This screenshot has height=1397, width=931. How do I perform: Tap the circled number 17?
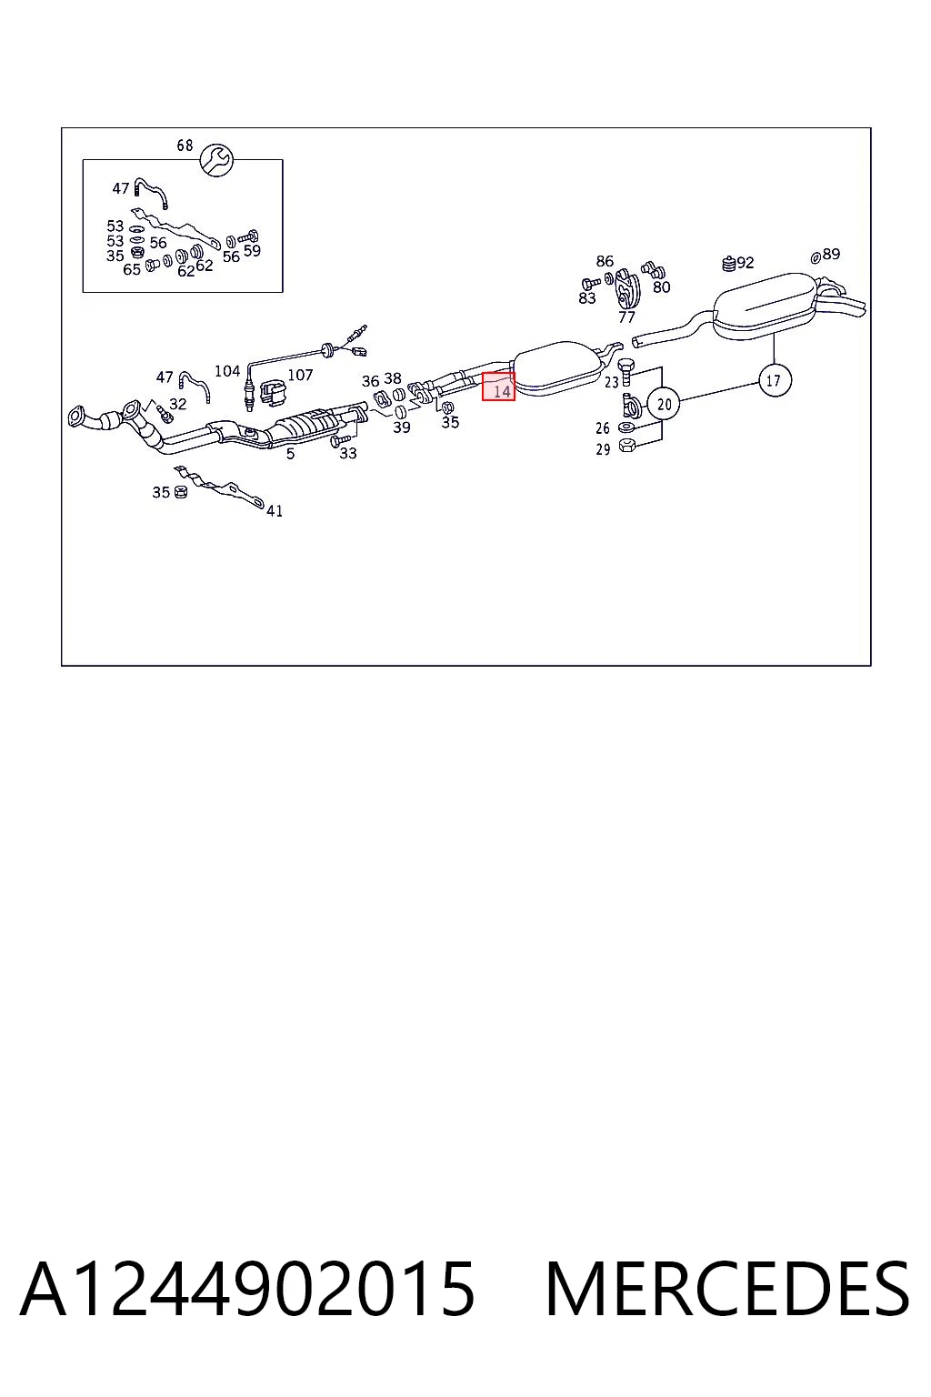coord(774,380)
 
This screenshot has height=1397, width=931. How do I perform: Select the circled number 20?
coord(664,404)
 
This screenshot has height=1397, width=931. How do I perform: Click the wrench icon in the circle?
coord(216,160)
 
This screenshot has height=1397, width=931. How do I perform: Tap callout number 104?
coord(227,371)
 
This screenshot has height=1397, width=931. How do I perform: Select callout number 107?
coord(300,375)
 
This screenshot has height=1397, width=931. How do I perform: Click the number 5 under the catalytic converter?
coord(291,454)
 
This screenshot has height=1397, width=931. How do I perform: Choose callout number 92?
coord(746,263)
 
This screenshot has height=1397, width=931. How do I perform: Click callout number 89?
coord(831,254)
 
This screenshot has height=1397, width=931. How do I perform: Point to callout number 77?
coord(626,317)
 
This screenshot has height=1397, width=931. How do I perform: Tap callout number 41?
coord(275,511)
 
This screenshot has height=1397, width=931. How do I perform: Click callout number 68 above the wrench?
coord(185,146)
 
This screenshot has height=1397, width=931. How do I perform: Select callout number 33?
coord(348,454)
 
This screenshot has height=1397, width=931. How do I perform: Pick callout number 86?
coord(605,261)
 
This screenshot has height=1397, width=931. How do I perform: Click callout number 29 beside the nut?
coord(603,449)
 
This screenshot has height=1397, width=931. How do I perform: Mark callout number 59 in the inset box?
coord(252,251)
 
